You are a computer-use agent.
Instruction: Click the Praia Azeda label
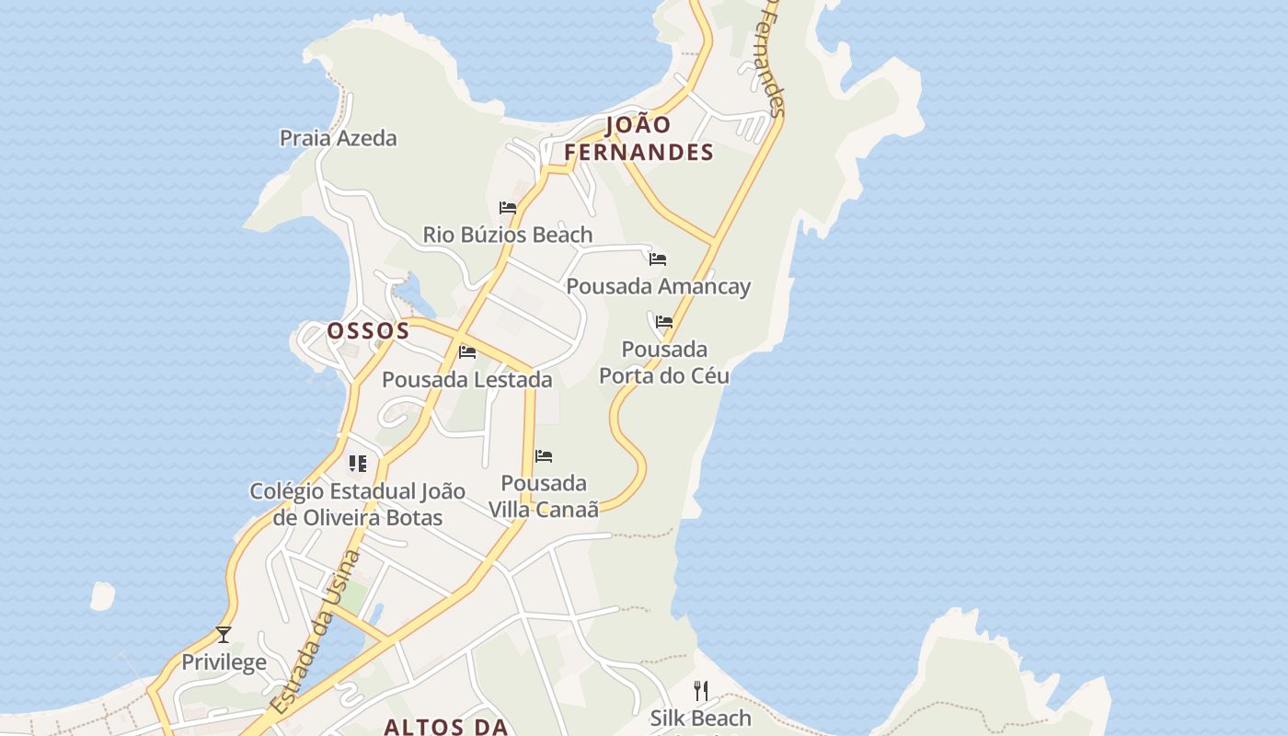coord(338,138)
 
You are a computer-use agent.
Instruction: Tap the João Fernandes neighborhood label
coord(638,139)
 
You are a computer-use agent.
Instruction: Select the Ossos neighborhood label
coord(368,331)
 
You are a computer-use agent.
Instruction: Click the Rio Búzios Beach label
coord(507,235)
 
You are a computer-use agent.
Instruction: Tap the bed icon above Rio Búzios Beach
coord(507,208)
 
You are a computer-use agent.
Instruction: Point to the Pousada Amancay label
coord(658,286)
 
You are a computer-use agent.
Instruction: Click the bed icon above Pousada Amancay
coord(657,259)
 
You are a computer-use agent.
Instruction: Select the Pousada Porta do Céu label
coord(664,362)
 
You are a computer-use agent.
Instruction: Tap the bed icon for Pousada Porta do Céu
coord(664,322)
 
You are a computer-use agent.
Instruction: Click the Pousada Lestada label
coord(466,379)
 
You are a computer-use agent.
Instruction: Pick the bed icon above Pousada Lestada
coord(467,351)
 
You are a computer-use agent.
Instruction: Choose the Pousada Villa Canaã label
coord(543,496)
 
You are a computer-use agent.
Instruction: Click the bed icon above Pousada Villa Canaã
coord(544,456)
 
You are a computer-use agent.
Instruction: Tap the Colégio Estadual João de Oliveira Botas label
coord(357,504)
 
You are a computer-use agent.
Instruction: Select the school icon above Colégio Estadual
coord(357,464)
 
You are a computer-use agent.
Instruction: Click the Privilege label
coord(224,662)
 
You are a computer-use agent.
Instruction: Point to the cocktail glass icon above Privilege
coord(223,635)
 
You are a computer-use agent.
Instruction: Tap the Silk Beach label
coord(700,718)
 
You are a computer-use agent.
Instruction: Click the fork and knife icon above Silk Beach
coord(701,690)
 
